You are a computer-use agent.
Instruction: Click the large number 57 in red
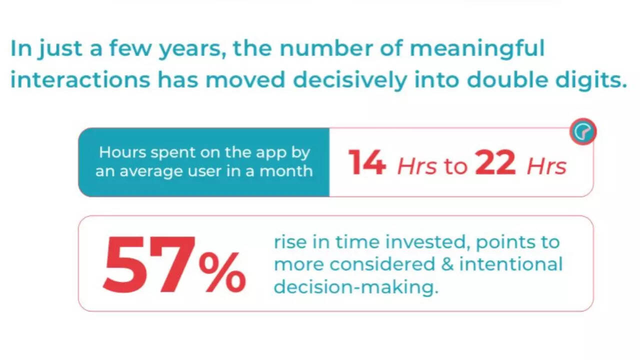click(149, 265)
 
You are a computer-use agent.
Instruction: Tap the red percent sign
click(222, 272)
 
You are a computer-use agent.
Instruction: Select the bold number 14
click(367, 162)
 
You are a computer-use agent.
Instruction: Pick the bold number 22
click(495, 162)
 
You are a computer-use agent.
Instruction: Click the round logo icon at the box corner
click(583, 131)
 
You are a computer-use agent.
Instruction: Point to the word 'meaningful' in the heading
click(477, 49)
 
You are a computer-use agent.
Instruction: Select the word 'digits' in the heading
click(591, 79)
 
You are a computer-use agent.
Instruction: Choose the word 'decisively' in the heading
click(350, 79)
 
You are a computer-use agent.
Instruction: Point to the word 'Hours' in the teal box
click(123, 152)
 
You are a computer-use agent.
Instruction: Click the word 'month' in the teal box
click(286, 171)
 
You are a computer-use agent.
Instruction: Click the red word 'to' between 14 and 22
click(455, 166)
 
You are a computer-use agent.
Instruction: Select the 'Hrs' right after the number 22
click(546, 166)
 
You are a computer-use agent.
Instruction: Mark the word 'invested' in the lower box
click(428, 242)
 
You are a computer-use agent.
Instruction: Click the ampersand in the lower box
click(447, 264)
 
